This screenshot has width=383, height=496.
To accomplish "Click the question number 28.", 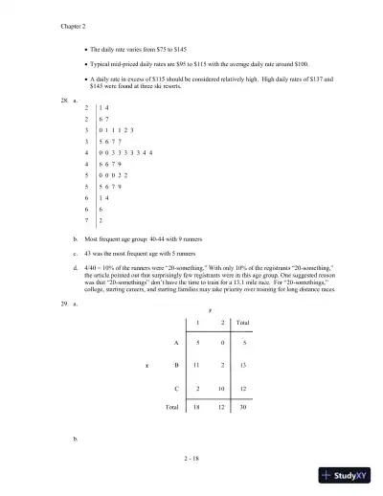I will point(62,99).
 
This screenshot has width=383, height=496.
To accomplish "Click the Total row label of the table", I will point(171,406).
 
